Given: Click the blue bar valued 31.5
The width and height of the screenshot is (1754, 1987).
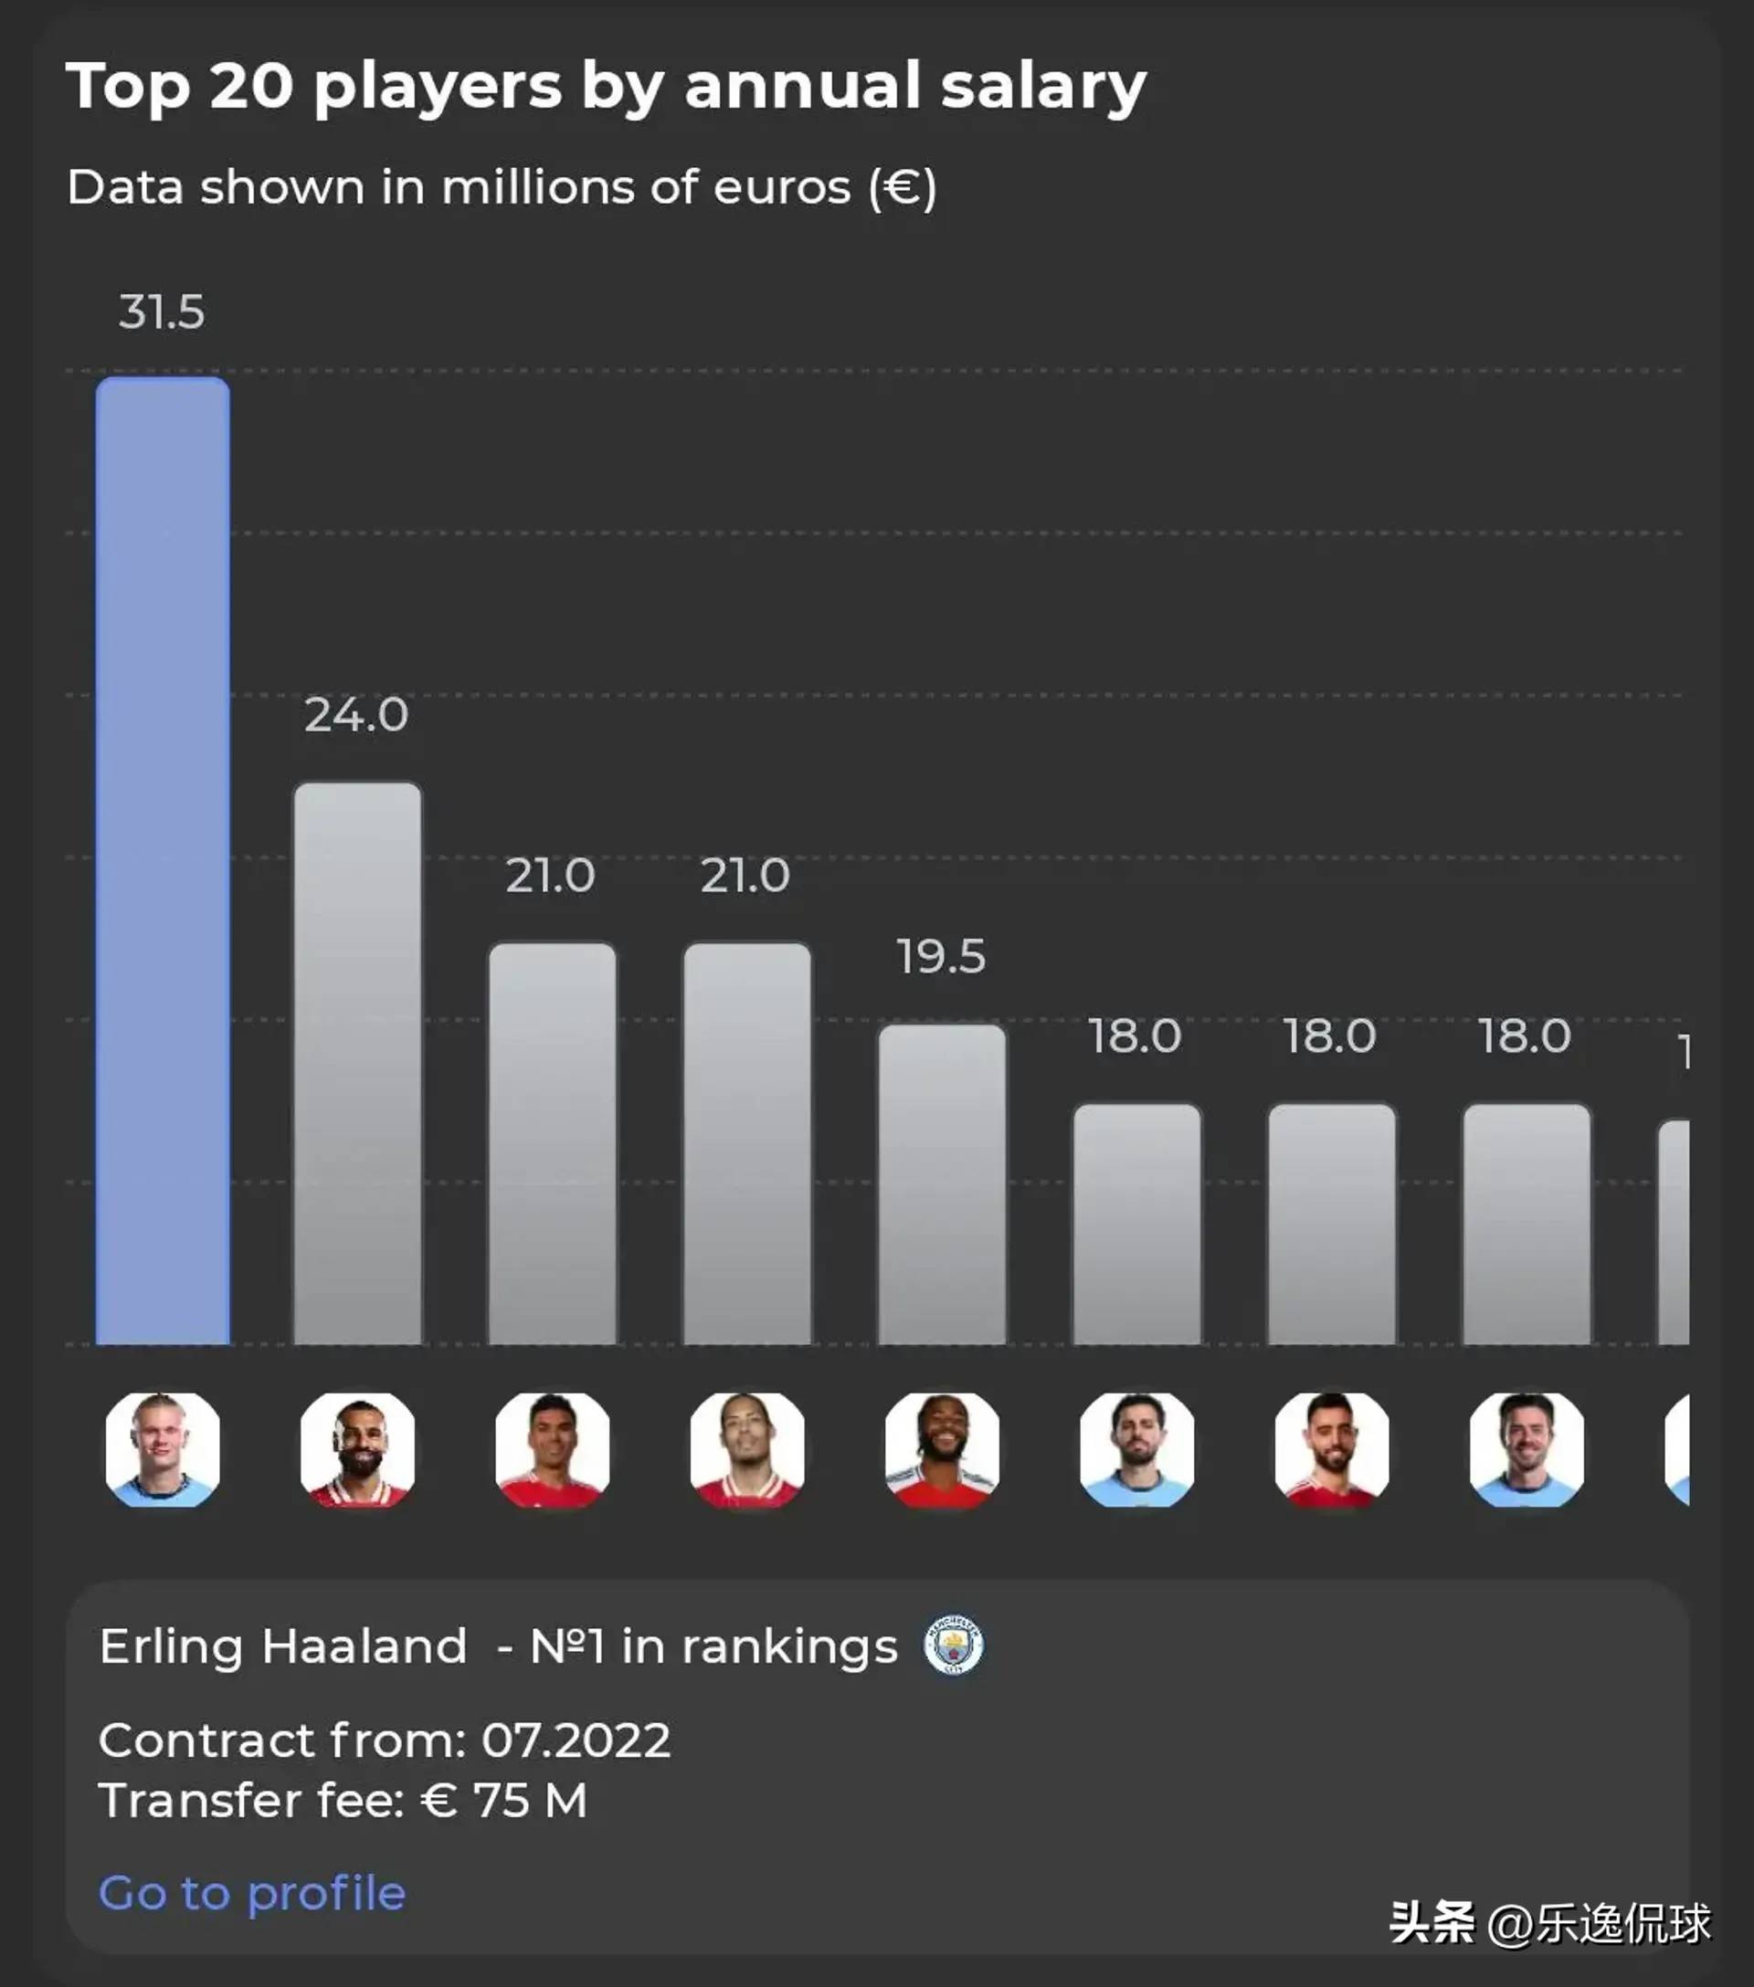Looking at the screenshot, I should coord(163,860).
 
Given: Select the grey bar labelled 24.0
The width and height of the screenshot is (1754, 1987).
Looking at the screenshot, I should coord(358,1064).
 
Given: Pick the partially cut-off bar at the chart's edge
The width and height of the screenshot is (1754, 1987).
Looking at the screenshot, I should coord(1675,1232).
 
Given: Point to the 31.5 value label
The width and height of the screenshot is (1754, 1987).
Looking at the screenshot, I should coord(162,312).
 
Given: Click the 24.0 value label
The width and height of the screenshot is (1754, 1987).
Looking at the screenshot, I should coord(356,716).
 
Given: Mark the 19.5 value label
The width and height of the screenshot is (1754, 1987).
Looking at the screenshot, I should coord(941,957).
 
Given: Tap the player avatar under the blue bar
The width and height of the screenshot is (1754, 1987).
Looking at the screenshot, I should coord(163,1449).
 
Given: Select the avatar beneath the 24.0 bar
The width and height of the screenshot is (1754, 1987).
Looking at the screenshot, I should coord(358,1449).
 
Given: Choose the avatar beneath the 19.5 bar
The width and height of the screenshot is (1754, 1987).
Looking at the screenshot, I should coord(942,1449).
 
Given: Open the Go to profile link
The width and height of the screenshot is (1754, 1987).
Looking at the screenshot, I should coord(252,1893).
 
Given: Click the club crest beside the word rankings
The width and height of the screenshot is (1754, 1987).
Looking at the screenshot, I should coord(953,1645).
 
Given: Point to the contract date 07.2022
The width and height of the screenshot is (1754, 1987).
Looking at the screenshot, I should coord(576,1740).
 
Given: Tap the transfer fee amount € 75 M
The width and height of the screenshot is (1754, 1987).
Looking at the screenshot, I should coord(503,1801).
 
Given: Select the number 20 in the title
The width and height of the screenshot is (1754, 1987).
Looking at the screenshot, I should coord(251,86).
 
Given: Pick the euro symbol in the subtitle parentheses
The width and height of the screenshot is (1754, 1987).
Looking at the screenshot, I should coord(903,186).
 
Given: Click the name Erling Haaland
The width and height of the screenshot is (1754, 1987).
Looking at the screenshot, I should coord(283,1646).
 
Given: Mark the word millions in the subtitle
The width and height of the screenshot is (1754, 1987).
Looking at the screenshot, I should coord(538,186).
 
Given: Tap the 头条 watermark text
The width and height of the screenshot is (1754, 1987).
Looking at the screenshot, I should coord(1432,1922).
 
